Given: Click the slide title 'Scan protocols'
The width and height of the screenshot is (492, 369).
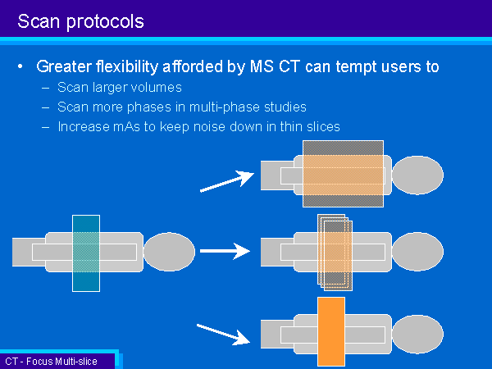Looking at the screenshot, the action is pyautogui.click(x=80, y=22).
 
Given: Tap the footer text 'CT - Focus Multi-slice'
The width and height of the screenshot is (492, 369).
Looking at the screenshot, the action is pyautogui.click(x=51, y=362).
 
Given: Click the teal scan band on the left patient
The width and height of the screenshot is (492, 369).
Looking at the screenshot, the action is pyautogui.click(x=86, y=253).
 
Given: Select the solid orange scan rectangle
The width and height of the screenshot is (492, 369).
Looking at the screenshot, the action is pyautogui.click(x=331, y=331).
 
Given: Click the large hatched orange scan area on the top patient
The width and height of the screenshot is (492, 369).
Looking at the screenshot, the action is pyautogui.click(x=343, y=174).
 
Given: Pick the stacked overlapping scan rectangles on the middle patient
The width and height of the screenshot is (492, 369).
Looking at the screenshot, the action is pyautogui.click(x=335, y=253).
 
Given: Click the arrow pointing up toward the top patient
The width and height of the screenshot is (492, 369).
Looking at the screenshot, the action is pyautogui.click(x=227, y=181).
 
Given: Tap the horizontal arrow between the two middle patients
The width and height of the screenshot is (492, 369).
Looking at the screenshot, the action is pyautogui.click(x=225, y=251).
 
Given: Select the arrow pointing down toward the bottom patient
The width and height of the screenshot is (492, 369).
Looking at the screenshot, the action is pyautogui.click(x=223, y=335).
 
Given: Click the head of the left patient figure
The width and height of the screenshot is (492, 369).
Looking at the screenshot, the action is pyautogui.click(x=169, y=252).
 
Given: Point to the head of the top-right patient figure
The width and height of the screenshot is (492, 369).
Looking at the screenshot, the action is pyautogui.click(x=417, y=175).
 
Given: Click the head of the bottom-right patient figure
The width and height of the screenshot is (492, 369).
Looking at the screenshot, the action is pyautogui.click(x=417, y=335).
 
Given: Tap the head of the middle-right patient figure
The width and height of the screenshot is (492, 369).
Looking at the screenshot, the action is pyautogui.click(x=417, y=252).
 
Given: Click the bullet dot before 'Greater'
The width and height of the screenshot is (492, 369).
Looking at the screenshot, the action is pyautogui.click(x=20, y=66).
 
